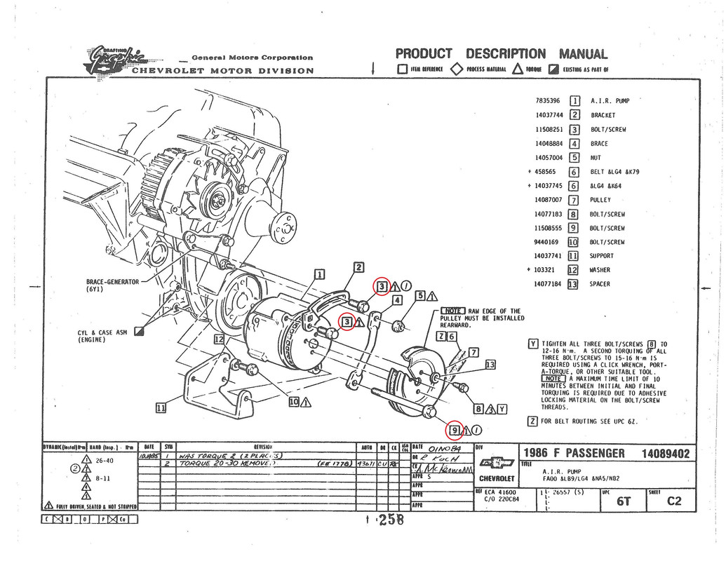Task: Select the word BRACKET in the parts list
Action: [x=603, y=115]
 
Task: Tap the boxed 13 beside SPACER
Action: [x=572, y=284]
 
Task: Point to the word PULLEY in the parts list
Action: [x=602, y=200]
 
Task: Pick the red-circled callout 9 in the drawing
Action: [x=455, y=430]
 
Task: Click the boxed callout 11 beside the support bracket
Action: [x=161, y=407]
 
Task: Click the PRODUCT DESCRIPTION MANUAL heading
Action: [x=502, y=54]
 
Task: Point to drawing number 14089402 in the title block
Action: [x=665, y=454]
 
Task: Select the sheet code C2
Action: [x=673, y=501]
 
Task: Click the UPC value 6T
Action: [x=622, y=501]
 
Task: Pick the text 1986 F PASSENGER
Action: [x=577, y=454]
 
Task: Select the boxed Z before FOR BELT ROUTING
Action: [x=532, y=421]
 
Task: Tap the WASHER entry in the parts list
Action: [x=600, y=270]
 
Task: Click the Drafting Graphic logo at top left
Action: [x=116, y=60]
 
